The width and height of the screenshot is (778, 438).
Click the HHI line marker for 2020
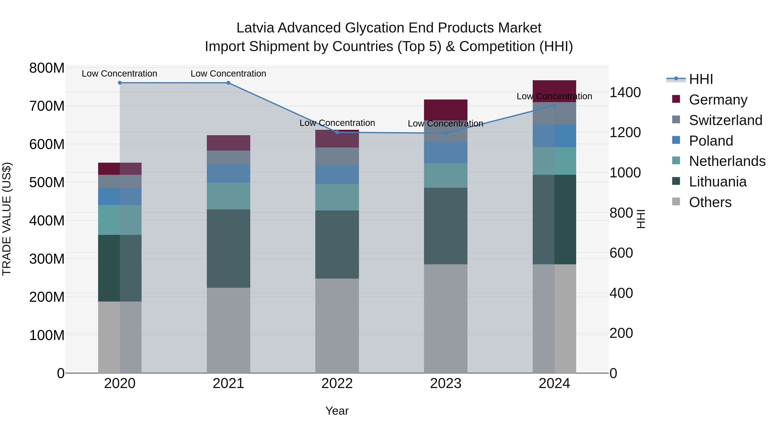[120, 83]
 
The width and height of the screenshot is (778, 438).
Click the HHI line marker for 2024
[554, 106]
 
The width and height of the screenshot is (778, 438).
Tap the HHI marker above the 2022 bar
[337, 132]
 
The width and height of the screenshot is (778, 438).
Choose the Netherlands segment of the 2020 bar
[120, 220]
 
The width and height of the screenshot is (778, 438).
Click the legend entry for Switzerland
[725, 120]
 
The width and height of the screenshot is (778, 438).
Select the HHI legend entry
[701, 79]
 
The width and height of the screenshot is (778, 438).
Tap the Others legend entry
[710, 202]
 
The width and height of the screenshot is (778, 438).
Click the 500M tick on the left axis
[47, 183]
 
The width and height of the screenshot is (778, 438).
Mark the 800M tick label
[47, 68]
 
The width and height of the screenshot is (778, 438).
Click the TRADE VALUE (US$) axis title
[7, 219]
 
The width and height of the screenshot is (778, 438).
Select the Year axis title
[337, 411]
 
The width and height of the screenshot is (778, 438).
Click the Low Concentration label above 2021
[228, 74]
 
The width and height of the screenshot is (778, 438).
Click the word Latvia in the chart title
[255, 28]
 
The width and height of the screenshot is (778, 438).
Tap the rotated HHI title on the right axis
[641, 219]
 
